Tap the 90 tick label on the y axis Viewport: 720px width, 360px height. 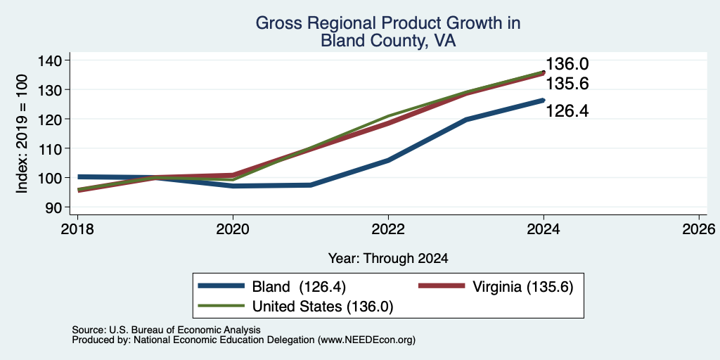click(x=53, y=207)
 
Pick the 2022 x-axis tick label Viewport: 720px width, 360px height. click(x=388, y=229)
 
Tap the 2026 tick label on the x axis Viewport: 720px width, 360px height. click(x=700, y=229)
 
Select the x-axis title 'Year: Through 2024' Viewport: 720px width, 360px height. click(x=388, y=259)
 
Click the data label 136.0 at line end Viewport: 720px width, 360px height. click(x=567, y=64)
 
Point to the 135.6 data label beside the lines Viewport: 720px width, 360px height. click(x=567, y=84)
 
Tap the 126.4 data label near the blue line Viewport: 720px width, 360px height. click(x=567, y=110)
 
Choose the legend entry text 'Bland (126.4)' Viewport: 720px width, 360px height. click(x=299, y=287)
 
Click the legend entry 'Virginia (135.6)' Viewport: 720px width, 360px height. click(x=523, y=287)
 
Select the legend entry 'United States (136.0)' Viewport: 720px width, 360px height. click(x=323, y=307)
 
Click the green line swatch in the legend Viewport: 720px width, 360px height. click(x=221, y=306)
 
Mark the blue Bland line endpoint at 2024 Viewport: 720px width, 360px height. click(x=544, y=100)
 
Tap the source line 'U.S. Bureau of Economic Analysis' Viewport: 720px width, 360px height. click(x=166, y=330)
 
